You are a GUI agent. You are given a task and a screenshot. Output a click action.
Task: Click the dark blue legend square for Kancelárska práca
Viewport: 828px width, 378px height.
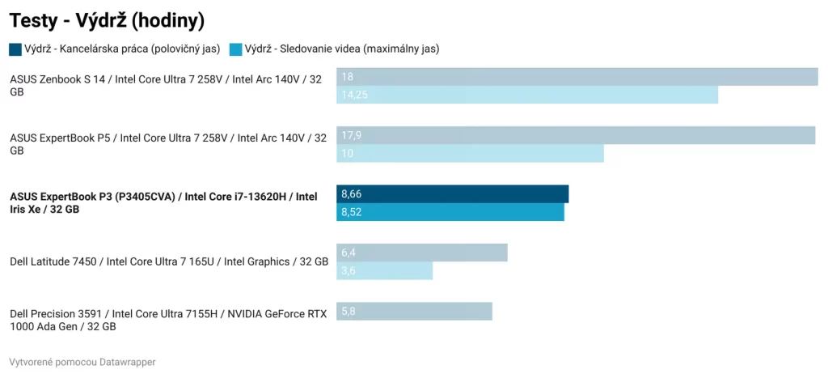(x=15, y=49)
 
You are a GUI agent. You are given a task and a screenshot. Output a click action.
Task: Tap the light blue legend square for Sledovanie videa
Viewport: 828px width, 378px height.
(x=236, y=49)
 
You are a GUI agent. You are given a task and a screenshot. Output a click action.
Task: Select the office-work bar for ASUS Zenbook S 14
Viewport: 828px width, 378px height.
(x=577, y=77)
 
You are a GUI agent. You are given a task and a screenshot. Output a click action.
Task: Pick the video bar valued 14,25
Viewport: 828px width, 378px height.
(x=526, y=95)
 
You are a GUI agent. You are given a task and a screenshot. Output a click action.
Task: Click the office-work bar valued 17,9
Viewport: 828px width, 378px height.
(x=575, y=135)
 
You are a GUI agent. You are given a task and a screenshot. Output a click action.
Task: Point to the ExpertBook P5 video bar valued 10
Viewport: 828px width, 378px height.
(x=470, y=153)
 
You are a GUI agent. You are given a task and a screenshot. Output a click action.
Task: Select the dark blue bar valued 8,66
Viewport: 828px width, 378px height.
(x=452, y=194)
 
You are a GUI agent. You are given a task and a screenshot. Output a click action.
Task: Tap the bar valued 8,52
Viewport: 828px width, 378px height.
(x=450, y=212)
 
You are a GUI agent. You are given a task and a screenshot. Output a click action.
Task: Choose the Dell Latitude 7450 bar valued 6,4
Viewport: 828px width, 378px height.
(x=421, y=253)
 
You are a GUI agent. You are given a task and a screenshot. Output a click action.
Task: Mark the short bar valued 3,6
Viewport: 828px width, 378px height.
(x=384, y=270)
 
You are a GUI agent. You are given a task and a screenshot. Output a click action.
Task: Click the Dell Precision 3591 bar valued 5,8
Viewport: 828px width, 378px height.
(x=414, y=311)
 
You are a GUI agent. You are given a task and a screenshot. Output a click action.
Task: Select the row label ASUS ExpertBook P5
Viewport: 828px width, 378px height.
(x=168, y=144)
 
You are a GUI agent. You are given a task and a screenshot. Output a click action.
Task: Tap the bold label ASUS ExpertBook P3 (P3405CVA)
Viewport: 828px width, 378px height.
(x=163, y=202)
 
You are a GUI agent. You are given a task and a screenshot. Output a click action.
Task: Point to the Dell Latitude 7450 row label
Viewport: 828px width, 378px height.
(x=168, y=261)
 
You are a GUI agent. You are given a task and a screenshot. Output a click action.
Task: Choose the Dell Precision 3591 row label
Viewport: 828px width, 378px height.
(x=168, y=320)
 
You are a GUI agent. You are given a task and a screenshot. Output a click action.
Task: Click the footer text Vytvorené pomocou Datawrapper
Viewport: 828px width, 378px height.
(x=82, y=362)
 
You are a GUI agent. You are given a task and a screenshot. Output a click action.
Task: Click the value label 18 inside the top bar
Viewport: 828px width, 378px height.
(x=348, y=77)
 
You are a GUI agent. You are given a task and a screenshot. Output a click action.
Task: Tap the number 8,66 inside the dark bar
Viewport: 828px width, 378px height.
(x=352, y=194)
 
